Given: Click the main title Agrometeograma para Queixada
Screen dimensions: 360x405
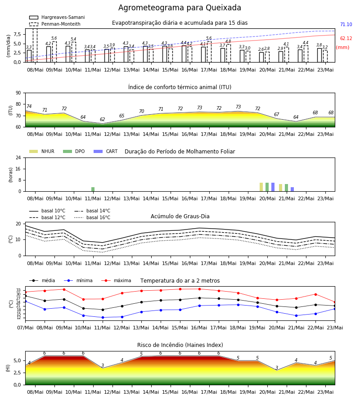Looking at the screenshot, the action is pyautogui.click(x=180, y=8).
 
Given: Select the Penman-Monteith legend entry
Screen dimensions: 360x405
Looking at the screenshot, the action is pyautogui.click(x=55, y=24).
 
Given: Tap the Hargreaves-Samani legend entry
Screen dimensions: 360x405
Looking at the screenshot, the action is pyautogui.click(x=57, y=17).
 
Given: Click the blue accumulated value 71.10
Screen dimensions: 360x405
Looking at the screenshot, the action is pyautogui.click(x=346, y=25).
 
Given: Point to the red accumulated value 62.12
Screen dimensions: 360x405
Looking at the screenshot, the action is pyautogui.click(x=346, y=39).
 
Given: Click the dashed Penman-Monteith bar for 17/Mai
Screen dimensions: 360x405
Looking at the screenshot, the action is pyautogui.click(x=209, y=52).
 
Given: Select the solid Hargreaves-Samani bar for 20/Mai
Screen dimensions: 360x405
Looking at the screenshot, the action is pyautogui.click(x=261, y=57).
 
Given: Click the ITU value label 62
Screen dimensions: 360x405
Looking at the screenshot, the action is pyautogui.click(x=102, y=119).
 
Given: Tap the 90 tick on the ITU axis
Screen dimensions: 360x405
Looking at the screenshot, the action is pyautogui.click(x=18, y=93).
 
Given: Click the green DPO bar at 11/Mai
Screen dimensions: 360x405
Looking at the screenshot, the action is pyautogui.click(x=93, y=189).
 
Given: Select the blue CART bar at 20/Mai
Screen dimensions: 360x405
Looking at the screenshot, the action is pyautogui.click(x=273, y=187).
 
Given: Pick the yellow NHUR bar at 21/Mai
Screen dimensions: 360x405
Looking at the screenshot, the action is pyautogui.click(x=280, y=188).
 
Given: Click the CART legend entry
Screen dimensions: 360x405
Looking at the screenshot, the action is pyautogui.click(x=106, y=151).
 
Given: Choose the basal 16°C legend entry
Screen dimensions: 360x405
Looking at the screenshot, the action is pyautogui.click(x=92, y=217).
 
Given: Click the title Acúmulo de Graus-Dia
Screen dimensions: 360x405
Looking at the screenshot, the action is pyautogui.click(x=180, y=216).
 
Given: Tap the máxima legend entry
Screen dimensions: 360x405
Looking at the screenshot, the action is pyautogui.click(x=116, y=280).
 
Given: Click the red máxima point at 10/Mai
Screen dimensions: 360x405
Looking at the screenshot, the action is pyautogui.click(x=83, y=299).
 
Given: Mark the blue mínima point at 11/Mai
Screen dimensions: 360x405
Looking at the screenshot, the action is pyautogui.click(x=103, y=317).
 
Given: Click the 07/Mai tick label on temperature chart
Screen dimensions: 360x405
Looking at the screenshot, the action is pyautogui.click(x=25, y=328).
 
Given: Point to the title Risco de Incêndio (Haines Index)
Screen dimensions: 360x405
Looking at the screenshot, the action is pyautogui.click(x=180, y=345).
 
